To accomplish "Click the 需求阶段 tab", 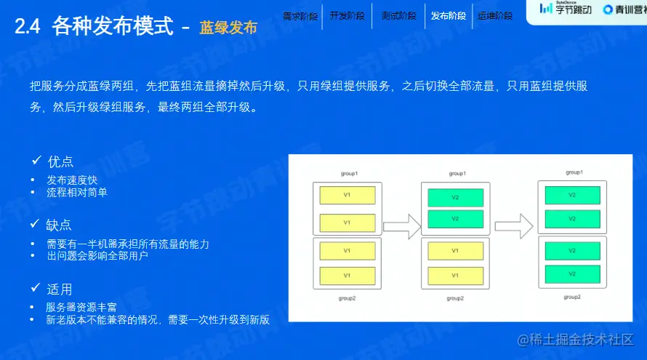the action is (300, 15).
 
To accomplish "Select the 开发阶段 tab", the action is (347, 15).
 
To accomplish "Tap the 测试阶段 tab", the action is (398, 15).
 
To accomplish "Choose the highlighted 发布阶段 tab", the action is (449, 15).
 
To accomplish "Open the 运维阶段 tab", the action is (495, 15).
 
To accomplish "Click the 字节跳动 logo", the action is (566, 9).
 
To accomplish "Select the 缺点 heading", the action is (60, 225).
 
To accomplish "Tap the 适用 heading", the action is (60, 289).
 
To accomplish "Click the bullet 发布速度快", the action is (72, 180).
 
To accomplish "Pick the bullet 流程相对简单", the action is (77, 193).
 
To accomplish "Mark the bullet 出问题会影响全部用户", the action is (97, 256).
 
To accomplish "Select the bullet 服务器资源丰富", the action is (81, 307).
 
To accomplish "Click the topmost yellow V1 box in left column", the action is (347, 196).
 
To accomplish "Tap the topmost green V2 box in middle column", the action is (455, 197).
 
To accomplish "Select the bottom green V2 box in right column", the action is (572, 273).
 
